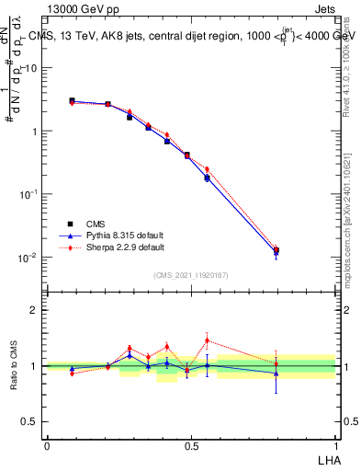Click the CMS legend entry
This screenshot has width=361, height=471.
pyautogui.click(x=96, y=224)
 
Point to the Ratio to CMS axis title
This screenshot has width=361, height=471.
pyautogui.click(x=14, y=366)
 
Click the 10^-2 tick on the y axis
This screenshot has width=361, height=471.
pyautogui.click(x=29, y=257)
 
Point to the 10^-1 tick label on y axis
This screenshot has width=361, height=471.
pyautogui.click(x=29, y=194)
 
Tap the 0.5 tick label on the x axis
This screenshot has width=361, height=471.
pyautogui.click(x=191, y=445)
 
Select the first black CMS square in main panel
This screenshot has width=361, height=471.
pyautogui.click(x=72, y=101)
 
